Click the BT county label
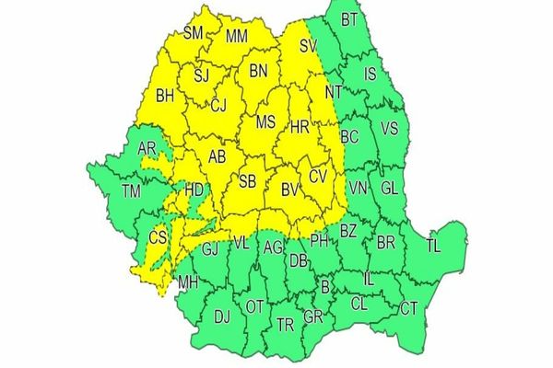[x=348, y=19]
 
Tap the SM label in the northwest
[x=194, y=34]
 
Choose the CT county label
[x=408, y=307]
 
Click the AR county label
[x=146, y=149]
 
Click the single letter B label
[x=324, y=287]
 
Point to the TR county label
[x=286, y=324]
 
